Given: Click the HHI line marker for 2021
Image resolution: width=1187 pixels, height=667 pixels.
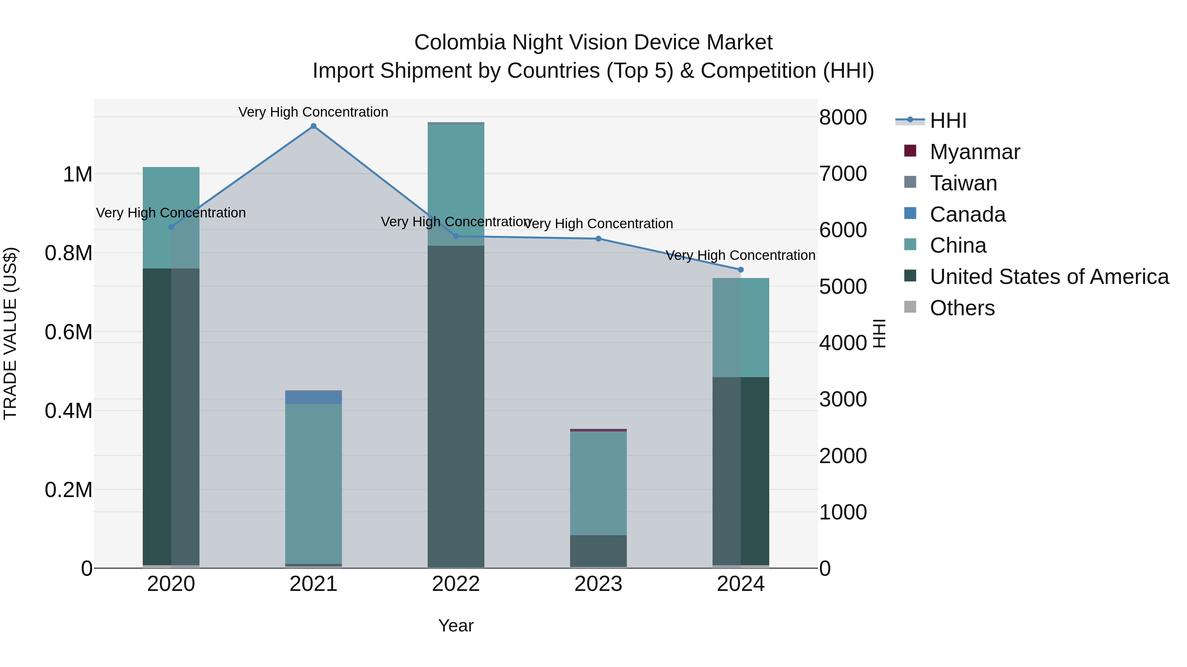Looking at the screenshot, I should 313,126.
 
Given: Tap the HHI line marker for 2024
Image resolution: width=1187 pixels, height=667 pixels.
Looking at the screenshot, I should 741,270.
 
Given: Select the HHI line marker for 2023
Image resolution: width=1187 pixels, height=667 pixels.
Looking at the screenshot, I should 598,238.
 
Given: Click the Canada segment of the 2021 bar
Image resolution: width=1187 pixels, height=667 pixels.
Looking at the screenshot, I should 313,397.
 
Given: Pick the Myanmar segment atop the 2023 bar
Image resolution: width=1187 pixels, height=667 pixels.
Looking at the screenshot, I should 598,430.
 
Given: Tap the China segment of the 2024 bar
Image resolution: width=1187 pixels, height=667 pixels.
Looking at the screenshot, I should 741,327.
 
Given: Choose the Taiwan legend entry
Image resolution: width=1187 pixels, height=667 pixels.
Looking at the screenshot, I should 963,183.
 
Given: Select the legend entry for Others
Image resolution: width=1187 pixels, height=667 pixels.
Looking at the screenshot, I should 962,308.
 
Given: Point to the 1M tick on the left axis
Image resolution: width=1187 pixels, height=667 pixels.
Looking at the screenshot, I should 77,175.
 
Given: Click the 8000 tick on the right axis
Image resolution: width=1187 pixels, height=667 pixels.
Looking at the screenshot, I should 843,117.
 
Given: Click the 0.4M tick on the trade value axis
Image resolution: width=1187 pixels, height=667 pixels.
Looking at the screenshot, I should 69,411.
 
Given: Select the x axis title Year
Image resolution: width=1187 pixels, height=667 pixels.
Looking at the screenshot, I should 456,625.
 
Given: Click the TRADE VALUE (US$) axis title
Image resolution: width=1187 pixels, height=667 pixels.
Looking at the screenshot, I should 10,333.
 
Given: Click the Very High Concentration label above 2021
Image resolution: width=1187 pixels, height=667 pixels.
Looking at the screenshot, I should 313,112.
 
